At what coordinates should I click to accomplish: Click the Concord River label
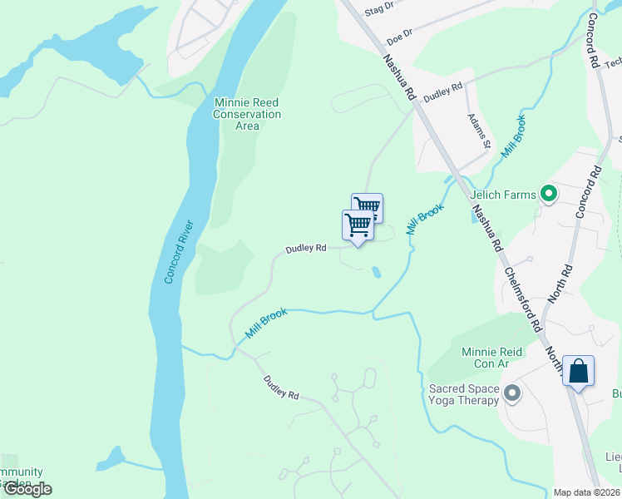[178, 252]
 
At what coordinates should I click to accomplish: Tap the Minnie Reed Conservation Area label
[247, 114]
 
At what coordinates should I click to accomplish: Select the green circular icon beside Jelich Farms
[548, 195]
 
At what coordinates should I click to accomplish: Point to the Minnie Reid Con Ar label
[491, 358]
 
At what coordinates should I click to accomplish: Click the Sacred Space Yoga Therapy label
[464, 394]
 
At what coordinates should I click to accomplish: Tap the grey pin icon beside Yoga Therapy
[511, 393]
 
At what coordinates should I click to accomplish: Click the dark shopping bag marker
[579, 372]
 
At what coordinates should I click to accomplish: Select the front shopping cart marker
[358, 225]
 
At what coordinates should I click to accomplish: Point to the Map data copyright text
[586, 492]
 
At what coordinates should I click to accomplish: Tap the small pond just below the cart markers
[377, 272]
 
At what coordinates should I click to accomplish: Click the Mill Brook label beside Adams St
[514, 137]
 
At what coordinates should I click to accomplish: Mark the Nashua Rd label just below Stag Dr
[398, 78]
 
